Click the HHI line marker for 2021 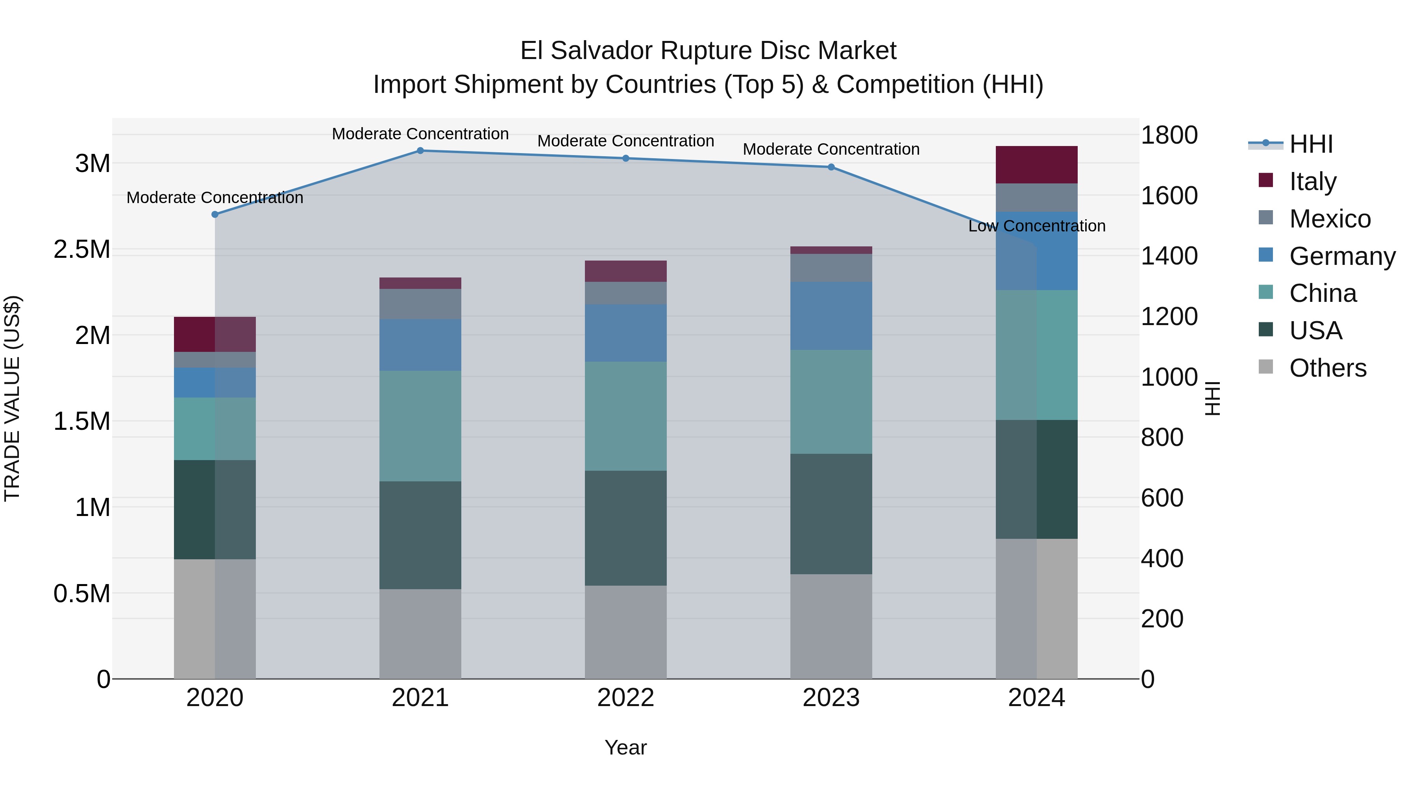pyautogui.click(x=420, y=151)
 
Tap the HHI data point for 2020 pyautogui.click(x=215, y=215)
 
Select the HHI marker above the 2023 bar pyautogui.click(x=831, y=167)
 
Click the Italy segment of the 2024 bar pyautogui.click(x=1036, y=165)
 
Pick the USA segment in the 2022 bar pyautogui.click(x=625, y=528)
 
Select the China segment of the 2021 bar pyautogui.click(x=420, y=426)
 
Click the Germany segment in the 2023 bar pyautogui.click(x=831, y=316)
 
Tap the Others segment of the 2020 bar pyautogui.click(x=215, y=619)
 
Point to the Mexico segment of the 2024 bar pyautogui.click(x=1036, y=198)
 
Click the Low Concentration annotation pyautogui.click(x=1036, y=226)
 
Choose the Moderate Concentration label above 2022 pyautogui.click(x=625, y=141)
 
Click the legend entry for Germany pyautogui.click(x=1342, y=256)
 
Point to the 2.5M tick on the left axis pyautogui.click(x=81, y=250)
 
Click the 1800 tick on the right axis pyautogui.click(x=1169, y=135)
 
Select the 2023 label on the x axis pyautogui.click(x=831, y=698)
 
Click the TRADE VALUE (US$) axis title pyautogui.click(x=12, y=398)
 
